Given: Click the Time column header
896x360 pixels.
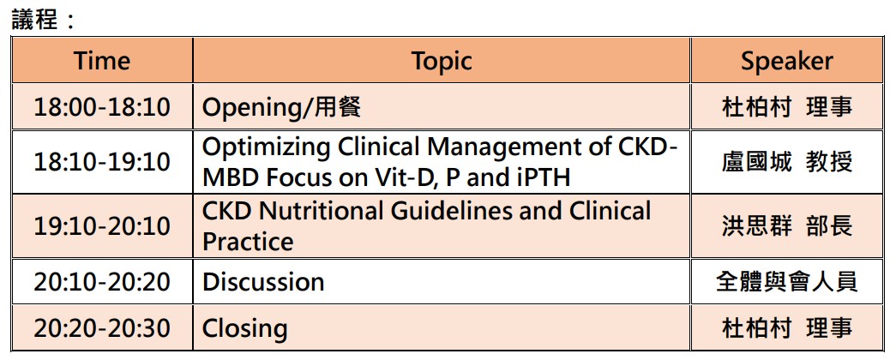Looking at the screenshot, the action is [x=102, y=61].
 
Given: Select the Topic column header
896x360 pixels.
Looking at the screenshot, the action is [x=442, y=61].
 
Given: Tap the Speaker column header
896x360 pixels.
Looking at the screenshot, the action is [x=787, y=61].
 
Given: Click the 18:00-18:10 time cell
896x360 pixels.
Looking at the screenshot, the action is [x=102, y=107].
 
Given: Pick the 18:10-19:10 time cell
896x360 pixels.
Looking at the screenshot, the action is [x=102, y=162].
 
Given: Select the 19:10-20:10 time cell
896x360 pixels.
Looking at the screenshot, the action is [x=102, y=226].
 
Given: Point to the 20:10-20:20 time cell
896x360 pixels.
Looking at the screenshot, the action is [x=102, y=282].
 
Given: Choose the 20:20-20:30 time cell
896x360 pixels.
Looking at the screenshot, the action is [x=102, y=328].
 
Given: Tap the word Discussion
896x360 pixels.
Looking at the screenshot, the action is [x=263, y=282].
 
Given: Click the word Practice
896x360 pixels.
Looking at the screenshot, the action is [x=248, y=241].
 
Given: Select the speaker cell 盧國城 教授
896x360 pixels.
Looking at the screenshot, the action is [x=787, y=162].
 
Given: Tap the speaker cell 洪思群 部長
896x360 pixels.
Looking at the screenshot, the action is [x=787, y=226].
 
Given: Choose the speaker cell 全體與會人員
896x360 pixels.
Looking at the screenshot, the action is [x=787, y=282].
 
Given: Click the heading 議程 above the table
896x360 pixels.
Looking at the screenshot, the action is [x=35, y=20].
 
